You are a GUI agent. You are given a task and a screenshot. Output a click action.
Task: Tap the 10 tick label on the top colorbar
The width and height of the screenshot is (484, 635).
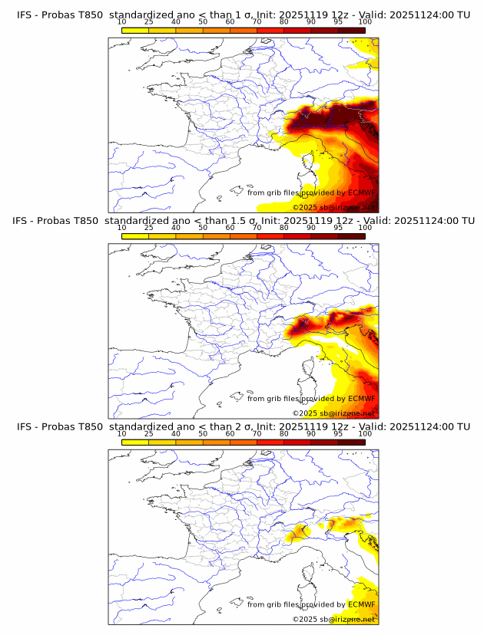122,21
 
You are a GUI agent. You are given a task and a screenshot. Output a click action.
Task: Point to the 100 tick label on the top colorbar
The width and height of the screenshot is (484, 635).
365,21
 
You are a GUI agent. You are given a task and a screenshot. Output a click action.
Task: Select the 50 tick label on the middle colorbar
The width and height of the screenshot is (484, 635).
203,228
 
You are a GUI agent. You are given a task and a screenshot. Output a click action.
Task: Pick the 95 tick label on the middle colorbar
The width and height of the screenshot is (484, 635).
338,228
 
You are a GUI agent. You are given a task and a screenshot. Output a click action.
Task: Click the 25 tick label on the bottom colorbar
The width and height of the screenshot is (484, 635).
149,433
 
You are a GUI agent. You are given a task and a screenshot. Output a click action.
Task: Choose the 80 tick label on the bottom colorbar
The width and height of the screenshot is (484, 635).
284,433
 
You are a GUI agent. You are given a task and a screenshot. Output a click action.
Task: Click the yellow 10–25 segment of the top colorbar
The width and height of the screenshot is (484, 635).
135,30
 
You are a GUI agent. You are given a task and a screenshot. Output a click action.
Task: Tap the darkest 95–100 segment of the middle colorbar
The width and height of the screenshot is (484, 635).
352,236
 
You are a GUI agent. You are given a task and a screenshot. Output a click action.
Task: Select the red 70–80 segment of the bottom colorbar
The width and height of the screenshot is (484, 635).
270,442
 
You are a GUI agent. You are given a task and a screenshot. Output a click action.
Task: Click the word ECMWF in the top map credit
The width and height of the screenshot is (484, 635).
361,192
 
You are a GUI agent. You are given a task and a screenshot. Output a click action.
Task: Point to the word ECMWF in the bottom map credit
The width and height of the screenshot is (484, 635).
361,604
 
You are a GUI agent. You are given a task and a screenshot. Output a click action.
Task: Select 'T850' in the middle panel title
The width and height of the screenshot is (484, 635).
87,221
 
